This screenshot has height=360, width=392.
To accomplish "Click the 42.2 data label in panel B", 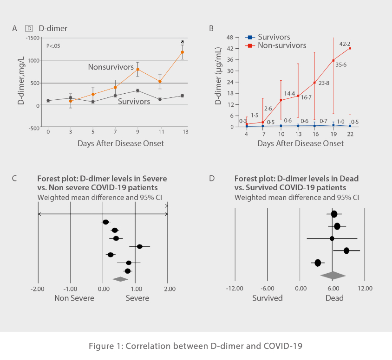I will (345, 44).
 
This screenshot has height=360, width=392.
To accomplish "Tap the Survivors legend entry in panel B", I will (274, 37).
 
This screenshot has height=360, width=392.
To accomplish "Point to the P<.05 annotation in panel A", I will (53, 45).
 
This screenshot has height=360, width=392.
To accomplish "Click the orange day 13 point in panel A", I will (183, 52).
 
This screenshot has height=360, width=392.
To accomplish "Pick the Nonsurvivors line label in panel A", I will (111, 67).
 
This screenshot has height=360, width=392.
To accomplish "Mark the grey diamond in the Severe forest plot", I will (120, 279).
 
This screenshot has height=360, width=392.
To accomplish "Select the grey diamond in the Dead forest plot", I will (333, 275).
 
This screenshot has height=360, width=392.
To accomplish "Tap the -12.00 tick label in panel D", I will (234, 289).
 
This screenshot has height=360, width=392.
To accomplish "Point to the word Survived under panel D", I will (268, 298).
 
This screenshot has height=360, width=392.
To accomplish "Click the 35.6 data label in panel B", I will (340, 65).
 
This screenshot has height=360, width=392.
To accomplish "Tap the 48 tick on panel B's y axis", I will (235, 38).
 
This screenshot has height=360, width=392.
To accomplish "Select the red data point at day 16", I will (315, 83).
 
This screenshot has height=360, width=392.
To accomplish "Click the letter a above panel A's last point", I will (183, 42).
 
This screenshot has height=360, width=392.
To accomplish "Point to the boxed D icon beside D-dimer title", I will (28, 28).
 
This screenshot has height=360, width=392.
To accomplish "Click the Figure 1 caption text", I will (196, 346).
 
